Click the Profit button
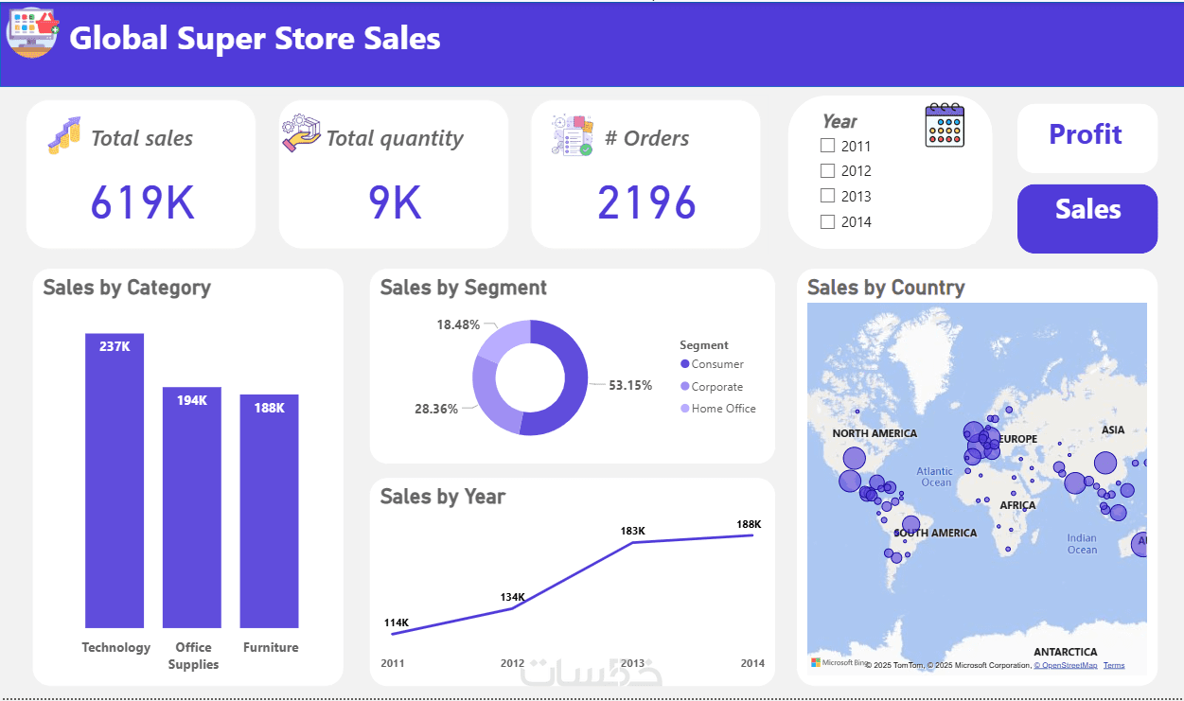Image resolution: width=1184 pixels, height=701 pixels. tap(1087, 135)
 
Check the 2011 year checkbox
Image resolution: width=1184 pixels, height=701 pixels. tap(828, 146)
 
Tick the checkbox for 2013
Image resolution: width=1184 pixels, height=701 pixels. tap(828, 196)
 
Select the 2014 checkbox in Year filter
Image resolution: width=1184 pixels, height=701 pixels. tap(828, 221)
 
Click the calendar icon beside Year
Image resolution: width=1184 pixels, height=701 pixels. tap(945, 125)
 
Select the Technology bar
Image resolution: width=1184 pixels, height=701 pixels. tap(115, 482)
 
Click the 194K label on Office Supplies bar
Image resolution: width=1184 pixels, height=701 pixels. tap(192, 400)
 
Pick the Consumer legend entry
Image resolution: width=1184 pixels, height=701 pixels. tap(716, 364)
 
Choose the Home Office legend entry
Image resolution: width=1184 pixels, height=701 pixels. tap(722, 409)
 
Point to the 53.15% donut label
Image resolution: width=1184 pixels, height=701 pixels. tap(630, 385)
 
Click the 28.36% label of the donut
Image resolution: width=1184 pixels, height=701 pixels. tap(436, 409)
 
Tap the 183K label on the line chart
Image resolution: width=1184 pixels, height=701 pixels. tap(632, 531)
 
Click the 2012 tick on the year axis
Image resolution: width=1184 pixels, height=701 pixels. tap(512, 663)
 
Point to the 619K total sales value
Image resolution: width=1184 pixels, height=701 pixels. tap(142, 202)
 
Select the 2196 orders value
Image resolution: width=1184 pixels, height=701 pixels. tap(646, 202)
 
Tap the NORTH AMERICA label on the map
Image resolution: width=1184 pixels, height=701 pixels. tap(875, 433)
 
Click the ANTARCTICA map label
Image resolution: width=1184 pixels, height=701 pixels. tap(1066, 652)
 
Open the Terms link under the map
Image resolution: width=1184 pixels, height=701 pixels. tap(1114, 665)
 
